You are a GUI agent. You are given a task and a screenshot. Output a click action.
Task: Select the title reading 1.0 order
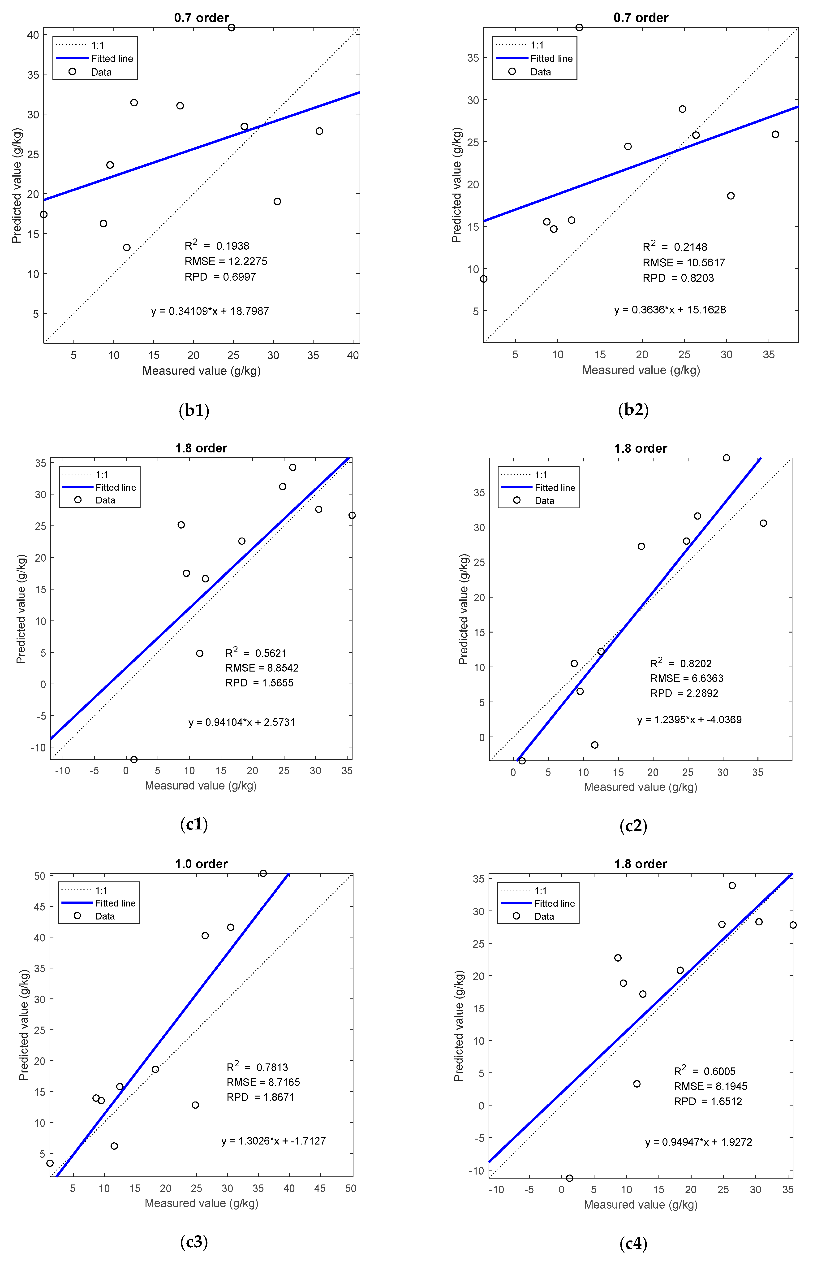click(x=201, y=864)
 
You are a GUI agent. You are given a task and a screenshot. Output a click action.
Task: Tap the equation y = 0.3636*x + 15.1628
click(x=670, y=310)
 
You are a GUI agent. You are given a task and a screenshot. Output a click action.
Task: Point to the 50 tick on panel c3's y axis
click(x=40, y=876)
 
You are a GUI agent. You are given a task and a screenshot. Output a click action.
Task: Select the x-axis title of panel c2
click(x=640, y=787)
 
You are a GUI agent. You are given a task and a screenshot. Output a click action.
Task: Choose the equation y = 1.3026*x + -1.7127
click(x=273, y=1141)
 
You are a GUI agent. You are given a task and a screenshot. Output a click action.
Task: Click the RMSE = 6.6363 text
click(x=686, y=679)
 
